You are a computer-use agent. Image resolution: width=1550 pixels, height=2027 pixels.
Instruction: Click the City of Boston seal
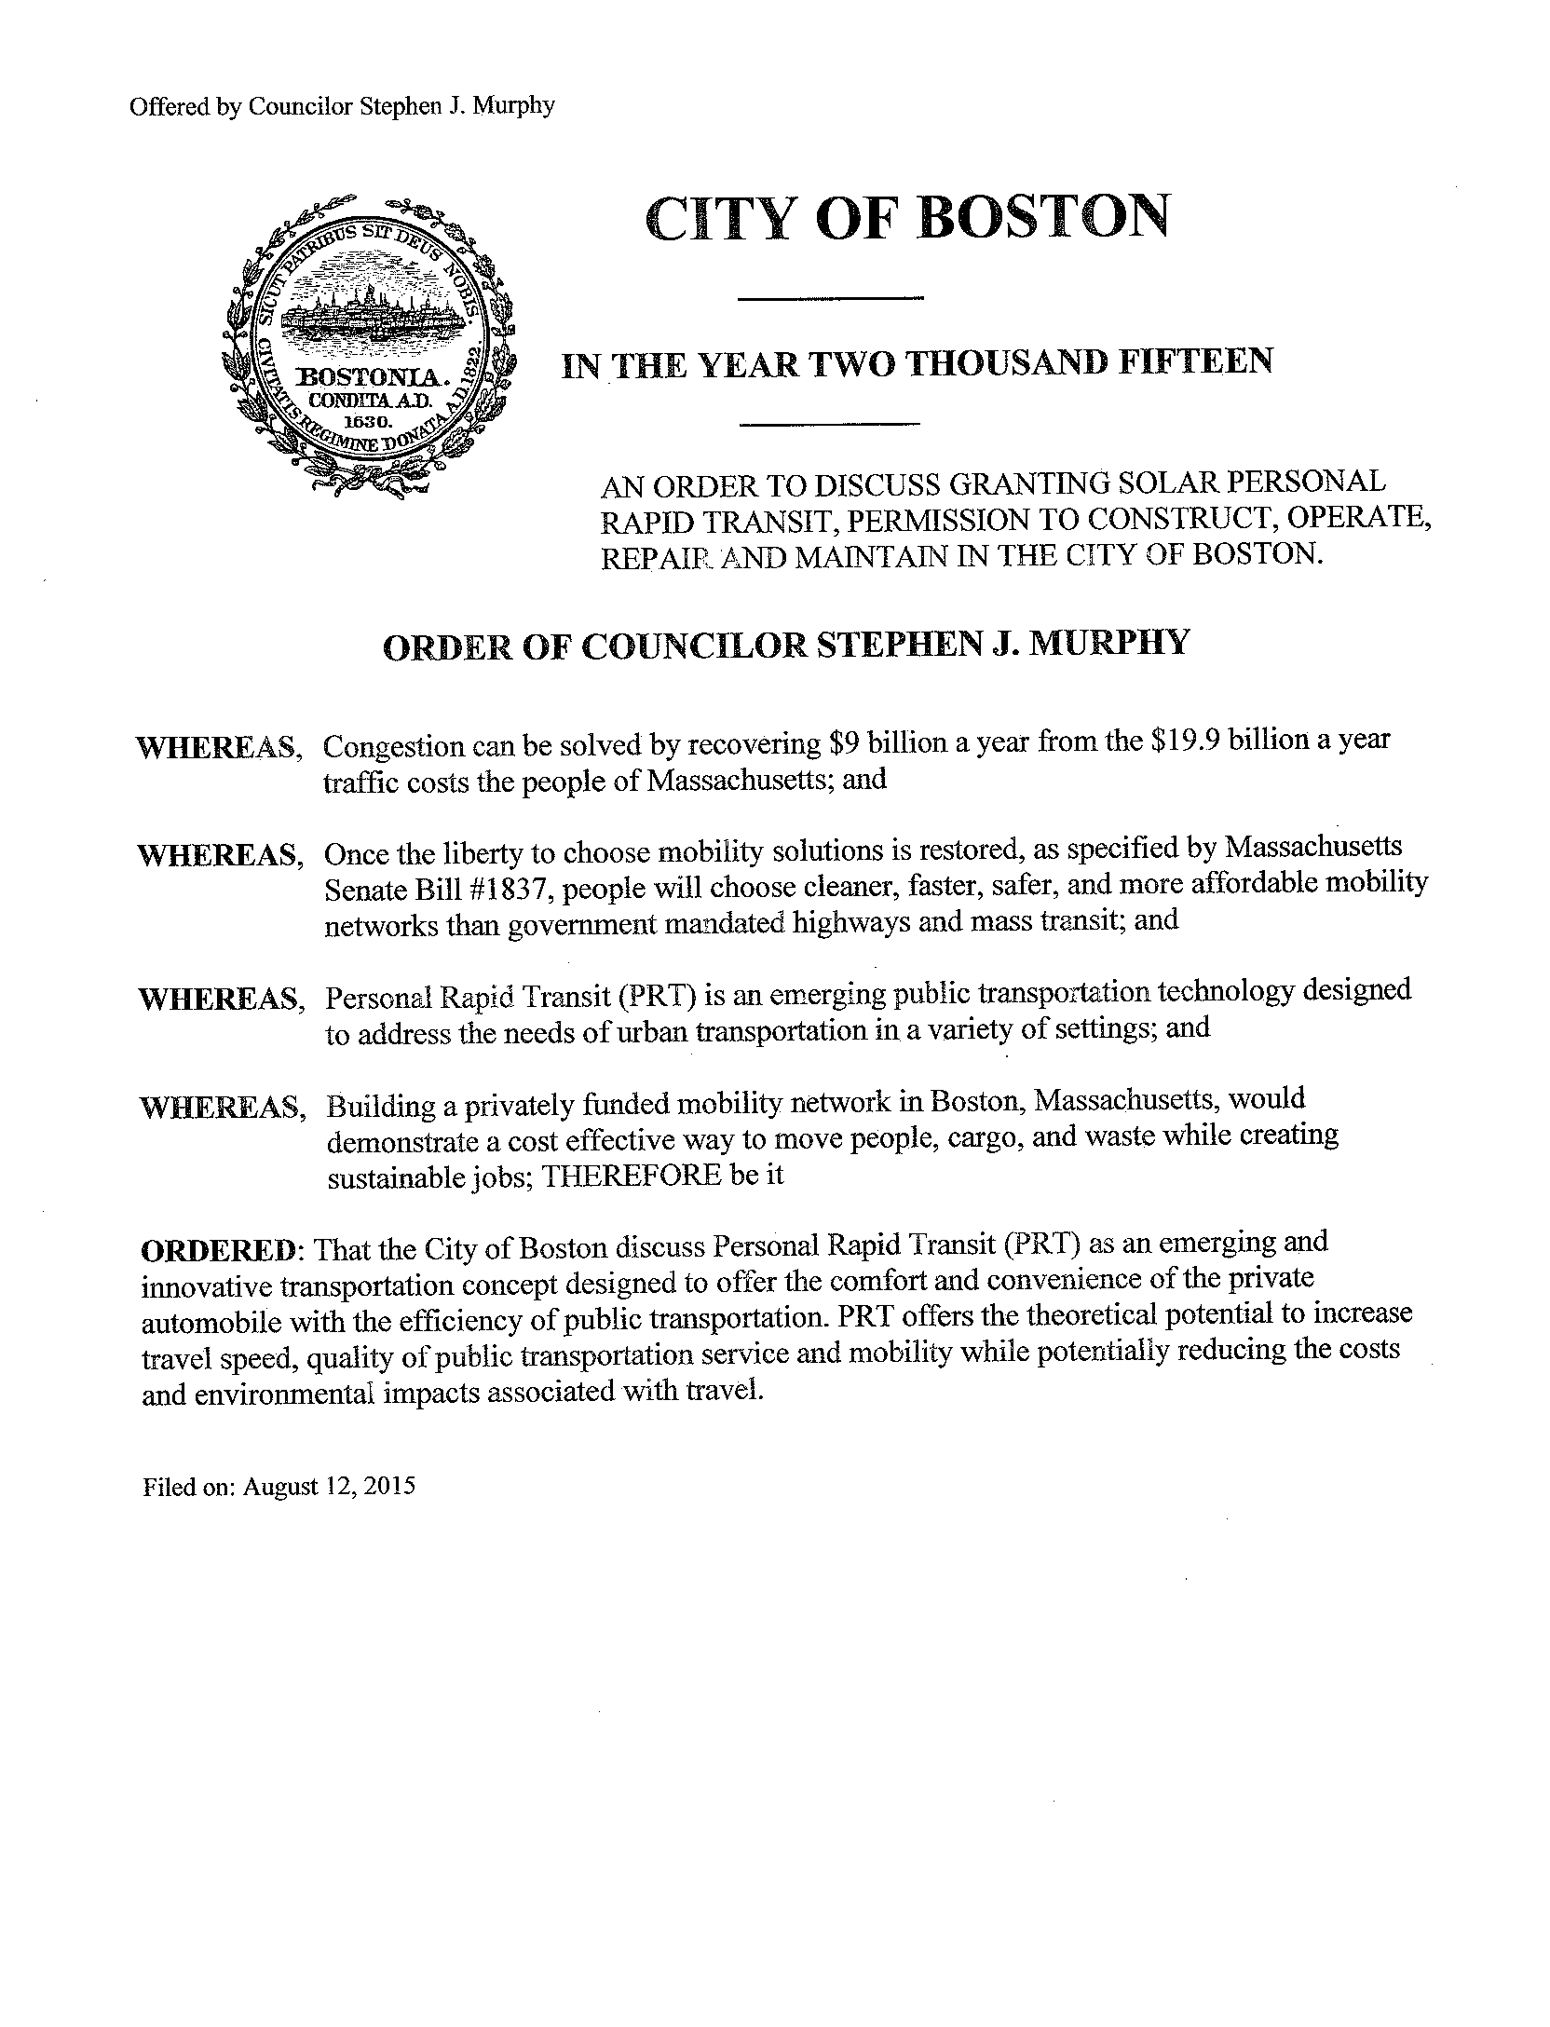click(369, 342)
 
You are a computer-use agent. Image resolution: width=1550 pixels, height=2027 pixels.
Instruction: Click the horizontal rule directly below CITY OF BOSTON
click(830, 299)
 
